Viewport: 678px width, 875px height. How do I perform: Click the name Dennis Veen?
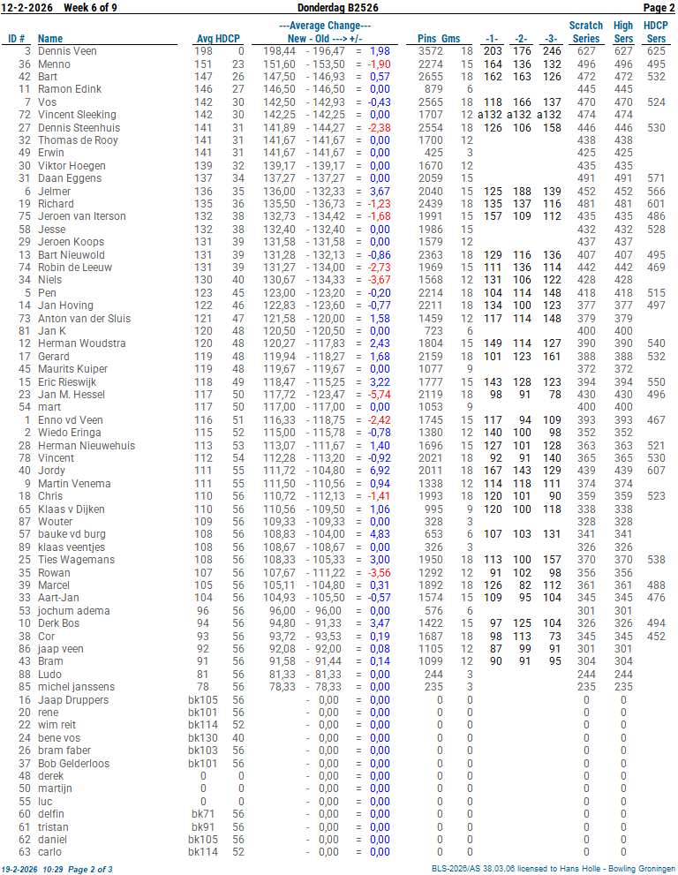coord(67,51)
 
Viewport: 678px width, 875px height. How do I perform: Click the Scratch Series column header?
coord(586,32)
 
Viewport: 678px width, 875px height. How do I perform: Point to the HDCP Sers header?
coord(656,32)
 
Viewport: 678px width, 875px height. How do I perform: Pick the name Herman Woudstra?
coord(81,343)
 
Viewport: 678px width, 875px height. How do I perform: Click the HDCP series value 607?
coord(656,471)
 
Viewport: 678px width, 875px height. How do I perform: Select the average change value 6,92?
coord(379,471)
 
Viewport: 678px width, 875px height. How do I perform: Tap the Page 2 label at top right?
coord(659,8)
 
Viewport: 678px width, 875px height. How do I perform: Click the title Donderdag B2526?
coord(338,8)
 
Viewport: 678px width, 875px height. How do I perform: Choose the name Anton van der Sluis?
coord(84,318)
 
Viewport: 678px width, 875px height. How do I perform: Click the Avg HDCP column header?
coord(220,39)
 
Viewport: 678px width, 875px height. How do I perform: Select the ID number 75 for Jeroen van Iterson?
coord(25,216)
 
